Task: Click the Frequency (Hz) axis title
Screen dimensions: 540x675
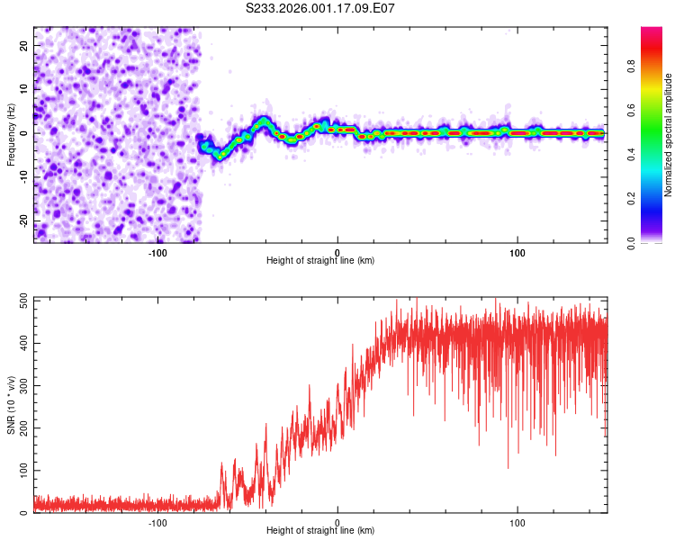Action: [11, 135]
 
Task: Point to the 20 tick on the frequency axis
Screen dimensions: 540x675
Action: [24, 44]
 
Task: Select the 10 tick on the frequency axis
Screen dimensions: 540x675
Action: [24, 88]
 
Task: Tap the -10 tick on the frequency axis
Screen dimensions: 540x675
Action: [22, 177]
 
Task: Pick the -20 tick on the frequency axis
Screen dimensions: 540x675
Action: [22, 221]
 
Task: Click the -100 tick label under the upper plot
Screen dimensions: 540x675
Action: [157, 252]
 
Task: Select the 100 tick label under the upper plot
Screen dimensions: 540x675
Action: [517, 252]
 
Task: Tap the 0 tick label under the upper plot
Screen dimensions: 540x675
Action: [337, 252]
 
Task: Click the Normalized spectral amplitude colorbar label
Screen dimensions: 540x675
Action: [669, 135]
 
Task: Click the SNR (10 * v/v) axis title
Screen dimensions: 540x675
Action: [11, 405]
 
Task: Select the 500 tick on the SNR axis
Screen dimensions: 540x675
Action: [20, 301]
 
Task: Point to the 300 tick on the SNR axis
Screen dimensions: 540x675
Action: [20, 386]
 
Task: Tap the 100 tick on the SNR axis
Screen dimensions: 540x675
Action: [20, 471]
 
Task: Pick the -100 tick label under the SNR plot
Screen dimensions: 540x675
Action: [157, 522]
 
